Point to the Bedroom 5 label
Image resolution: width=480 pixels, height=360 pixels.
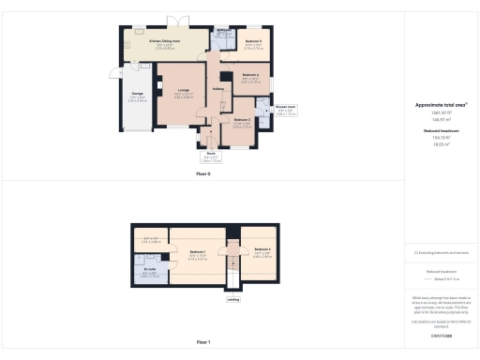pyautogui.click(x=253, y=42)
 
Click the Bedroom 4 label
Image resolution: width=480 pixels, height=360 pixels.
pyautogui.click(x=250, y=75)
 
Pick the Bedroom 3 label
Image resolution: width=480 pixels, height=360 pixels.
pyautogui.click(x=241, y=120)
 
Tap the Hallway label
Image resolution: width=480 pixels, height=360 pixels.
pyautogui.click(x=217, y=89)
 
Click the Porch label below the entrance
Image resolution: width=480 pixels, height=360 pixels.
pyautogui.click(x=212, y=155)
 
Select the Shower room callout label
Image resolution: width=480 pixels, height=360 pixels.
pyautogui.click(x=286, y=107)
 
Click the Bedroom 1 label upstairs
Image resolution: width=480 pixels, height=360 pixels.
pyautogui.click(x=197, y=251)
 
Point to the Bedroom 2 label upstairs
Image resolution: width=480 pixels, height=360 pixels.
pyautogui.click(x=262, y=248)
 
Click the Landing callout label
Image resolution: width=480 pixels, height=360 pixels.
pyautogui.click(x=232, y=300)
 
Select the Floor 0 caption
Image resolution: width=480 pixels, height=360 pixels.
pyautogui.click(x=202, y=173)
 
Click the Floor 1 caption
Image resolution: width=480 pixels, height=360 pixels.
pyautogui.click(x=202, y=343)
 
